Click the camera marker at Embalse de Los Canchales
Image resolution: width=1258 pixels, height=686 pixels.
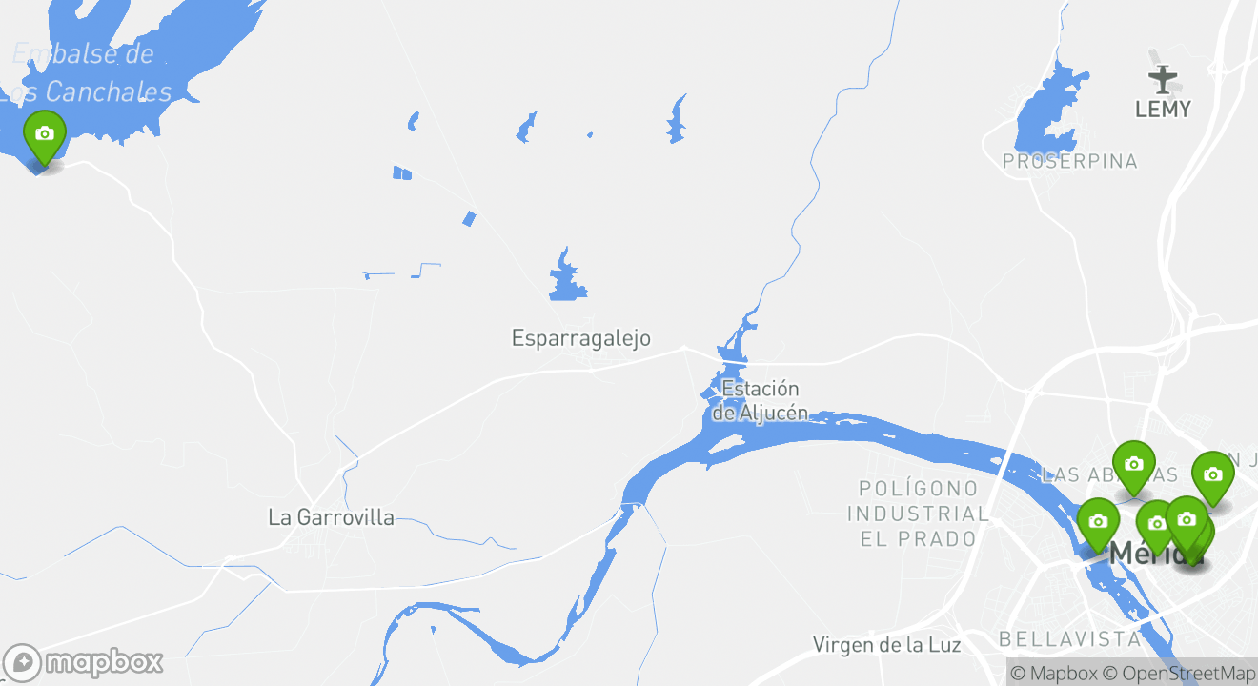click(44, 134)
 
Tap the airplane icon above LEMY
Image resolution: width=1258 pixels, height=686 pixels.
click(1163, 77)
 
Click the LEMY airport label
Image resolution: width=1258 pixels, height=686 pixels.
click(1163, 110)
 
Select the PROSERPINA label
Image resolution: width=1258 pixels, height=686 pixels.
click(1069, 162)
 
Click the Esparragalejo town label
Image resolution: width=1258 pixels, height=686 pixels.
click(580, 338)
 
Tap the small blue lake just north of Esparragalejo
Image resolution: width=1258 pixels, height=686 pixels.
click(568, 278)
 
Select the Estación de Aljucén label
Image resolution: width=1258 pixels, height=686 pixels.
click(760, 400)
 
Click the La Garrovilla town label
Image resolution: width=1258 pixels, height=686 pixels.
click(331, 517)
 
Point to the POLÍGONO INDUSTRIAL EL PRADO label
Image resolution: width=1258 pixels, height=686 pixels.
click(918, 514)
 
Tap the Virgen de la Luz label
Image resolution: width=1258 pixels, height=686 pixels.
click(886, 645)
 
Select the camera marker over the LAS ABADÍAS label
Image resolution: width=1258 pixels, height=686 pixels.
click(1133, 465)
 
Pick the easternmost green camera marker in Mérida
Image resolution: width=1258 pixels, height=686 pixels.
click(1212, 474)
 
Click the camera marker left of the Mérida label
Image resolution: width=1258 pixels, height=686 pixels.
click(1098, 521)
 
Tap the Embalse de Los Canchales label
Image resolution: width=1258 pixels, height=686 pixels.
click(91, 73)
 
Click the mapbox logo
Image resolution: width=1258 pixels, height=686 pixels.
click(83, 662)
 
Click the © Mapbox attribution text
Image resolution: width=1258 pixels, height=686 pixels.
click(1053, 674)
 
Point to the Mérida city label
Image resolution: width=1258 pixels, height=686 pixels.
click(1139, 553)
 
